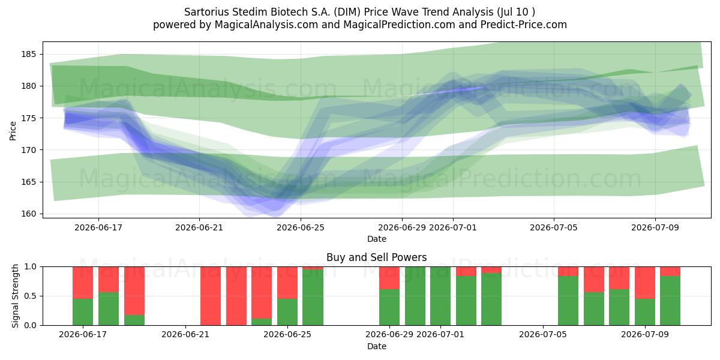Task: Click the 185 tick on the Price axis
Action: pyautogui.click(x=28, y=55)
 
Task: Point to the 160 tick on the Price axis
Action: pyautogui.click(x=28, y=214)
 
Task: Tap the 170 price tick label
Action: pyautogui.click(x=28, y=150)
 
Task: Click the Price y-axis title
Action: pyautogui.click(x=13, y=131)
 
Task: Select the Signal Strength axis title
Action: pyautogui.click(x=15, y=296)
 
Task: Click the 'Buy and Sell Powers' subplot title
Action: pyautogui.click(x=376, y=257)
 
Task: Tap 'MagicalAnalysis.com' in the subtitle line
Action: pyautogui.click(x=266, y=25)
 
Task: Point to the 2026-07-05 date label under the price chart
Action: pyautogui.click(x=553, y=227)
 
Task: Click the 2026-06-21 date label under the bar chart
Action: pyautogui.click(x=185, y=334)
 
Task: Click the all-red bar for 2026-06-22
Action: pyautogui.click(x=211, y=296)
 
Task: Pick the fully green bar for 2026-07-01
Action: pyautogui.click(x=440, y=296)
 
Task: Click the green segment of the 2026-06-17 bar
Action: pyautogui.click(x=83, y=312)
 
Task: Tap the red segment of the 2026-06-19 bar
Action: pyautogui.click(x=134, y=291)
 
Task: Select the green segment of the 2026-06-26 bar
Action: pyautogui.click(x=313, y=298)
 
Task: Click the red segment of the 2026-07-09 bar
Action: pyautogui.click(x=645, y=283)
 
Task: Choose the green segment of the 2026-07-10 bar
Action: pyautogui.click(x=670, y=301)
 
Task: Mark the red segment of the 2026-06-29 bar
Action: pyautogui.click(x=389, y=278)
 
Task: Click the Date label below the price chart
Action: pyautogui.click(x=377, y=239)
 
